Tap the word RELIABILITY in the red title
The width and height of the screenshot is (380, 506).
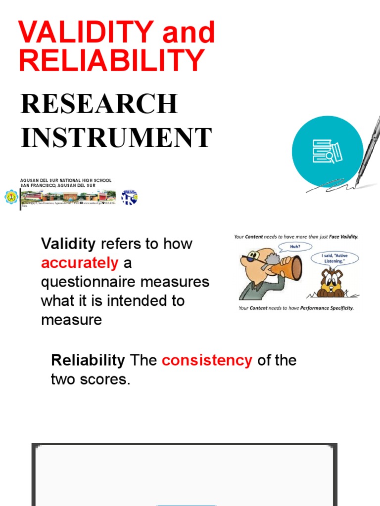[x=111, y=60]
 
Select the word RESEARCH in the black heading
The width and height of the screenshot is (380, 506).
[x=99, y=104]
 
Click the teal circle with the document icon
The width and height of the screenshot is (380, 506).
[x=327, y=151]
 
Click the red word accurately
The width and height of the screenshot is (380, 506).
[x=80, y=263]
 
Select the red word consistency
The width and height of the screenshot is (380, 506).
[x=207, y=360]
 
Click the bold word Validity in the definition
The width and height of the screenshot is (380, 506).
[x=68, y=244]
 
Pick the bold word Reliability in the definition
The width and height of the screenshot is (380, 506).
[x=88, y=360]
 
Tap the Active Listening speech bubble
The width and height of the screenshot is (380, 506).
[x=334, y=258]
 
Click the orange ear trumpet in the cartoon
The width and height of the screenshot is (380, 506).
[x=287, y=268]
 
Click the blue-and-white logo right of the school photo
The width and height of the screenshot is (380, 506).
[x=130, y=198]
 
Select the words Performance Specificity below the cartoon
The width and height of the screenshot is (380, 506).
[x=327, y=308]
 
